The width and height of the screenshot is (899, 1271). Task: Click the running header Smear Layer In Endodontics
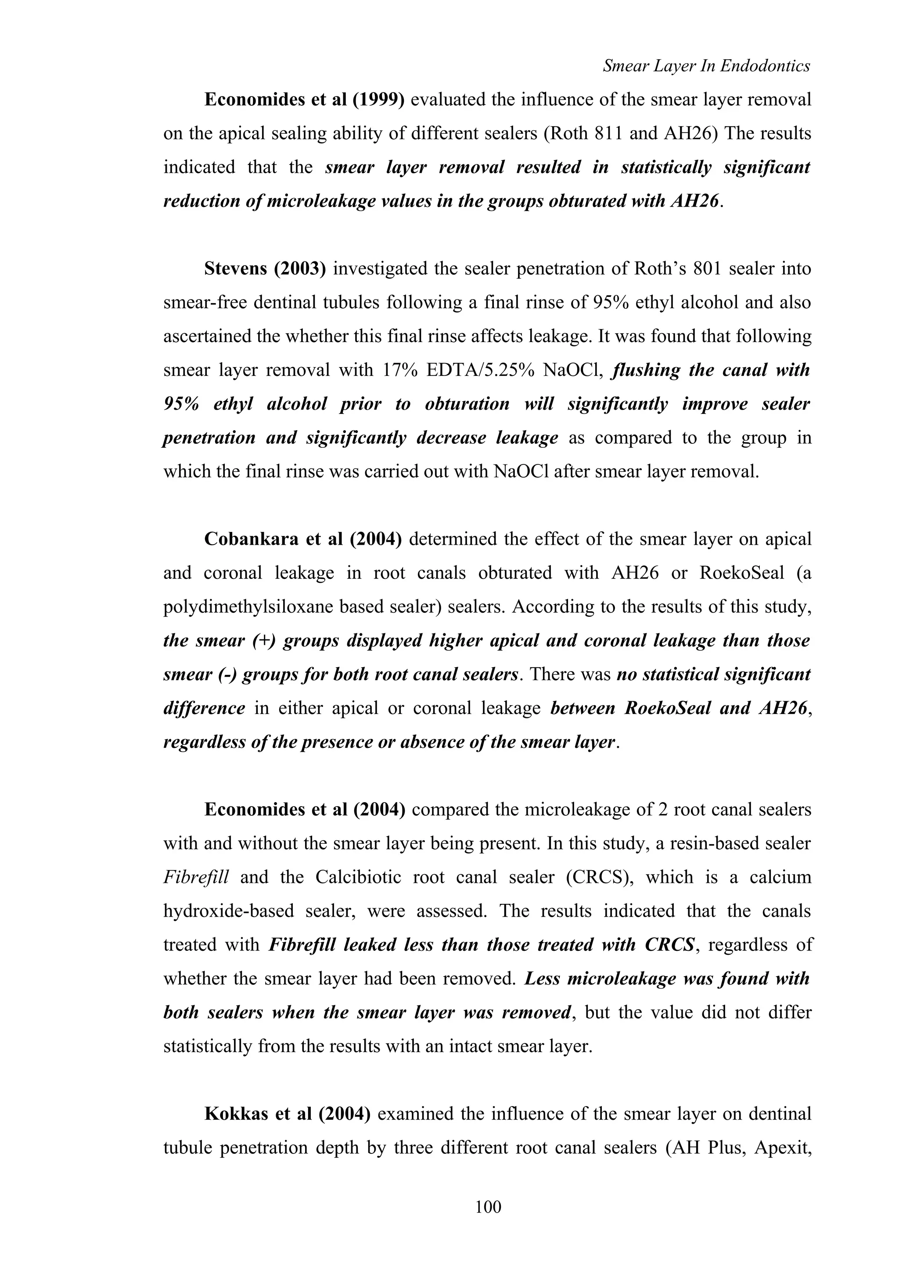(706, 66)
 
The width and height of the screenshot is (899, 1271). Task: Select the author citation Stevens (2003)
(265, 268)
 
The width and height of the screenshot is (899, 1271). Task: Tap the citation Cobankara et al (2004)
(302, 539)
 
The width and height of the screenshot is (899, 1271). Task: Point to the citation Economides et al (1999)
(304, 100)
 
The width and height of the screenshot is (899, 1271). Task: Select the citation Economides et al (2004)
(304, 809)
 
